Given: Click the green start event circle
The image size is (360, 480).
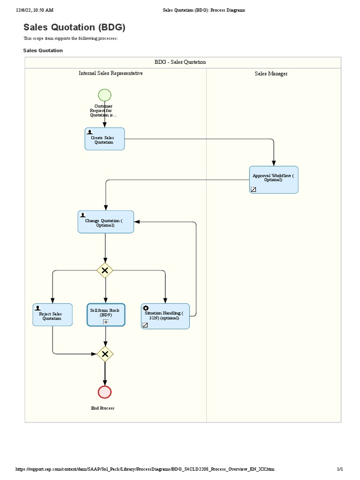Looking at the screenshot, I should pyautogui.click(x=105, y=95).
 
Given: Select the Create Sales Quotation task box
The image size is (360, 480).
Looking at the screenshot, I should pyautogui.click(x=105, y=139).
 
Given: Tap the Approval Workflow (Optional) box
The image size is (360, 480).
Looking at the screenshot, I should pyautogui.click(x=273, y=180).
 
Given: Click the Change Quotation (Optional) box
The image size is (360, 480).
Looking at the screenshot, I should pyautogui.click(x=105, y=222).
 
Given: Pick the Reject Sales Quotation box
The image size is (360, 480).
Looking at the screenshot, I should pyautogui.click(x=52, y=315).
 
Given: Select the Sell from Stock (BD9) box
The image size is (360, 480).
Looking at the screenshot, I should pyautogui.click(x=105, y=315).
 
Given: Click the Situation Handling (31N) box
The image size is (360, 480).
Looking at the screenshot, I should pyautogui.click(x=165, y=316).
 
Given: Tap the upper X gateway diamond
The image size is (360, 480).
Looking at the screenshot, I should pyautogui.click(x=105, y=270).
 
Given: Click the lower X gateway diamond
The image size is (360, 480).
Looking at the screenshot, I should pyautogui.click(x=105, y=354).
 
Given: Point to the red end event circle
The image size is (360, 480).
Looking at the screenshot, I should pyautogui.click(x=105, y=392).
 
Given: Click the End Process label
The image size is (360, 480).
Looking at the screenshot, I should pyautogui.click(x=103, y=408).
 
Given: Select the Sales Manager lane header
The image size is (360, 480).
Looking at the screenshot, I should pyautogui.click(x=271, y=74).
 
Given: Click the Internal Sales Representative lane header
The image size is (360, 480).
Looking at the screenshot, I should pyautogui.click(x=111, y=73).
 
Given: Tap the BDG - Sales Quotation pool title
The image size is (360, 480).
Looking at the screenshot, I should pyautogui.click(x=180, y=62).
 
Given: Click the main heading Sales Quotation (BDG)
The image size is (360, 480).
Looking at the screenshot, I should pyautogui.click(x=75, y=27).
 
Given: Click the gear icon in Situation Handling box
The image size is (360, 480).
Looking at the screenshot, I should pyautogui.click(x=146, y=308).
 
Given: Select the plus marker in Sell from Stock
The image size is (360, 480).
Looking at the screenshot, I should pyautogui.click(x=105, y=322).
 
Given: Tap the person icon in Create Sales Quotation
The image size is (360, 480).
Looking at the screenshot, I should pyautogui.click(x=90, y=132).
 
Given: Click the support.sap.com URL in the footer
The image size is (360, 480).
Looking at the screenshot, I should pyautogui.click(x=145, y=469).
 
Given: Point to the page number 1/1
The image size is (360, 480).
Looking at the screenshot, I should pyautogui.click(x=340, y=469).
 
